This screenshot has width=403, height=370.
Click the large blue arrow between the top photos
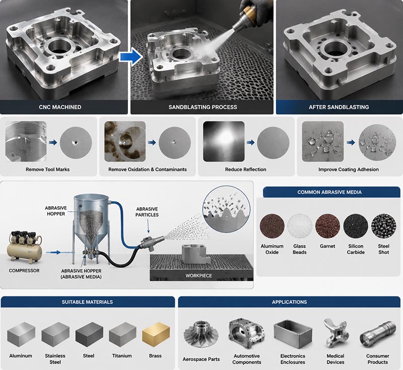pos(131,57)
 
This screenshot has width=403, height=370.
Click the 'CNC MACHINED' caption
pos(60,107)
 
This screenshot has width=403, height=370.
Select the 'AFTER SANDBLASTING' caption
pos(339,107)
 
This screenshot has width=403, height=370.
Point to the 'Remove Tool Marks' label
pos(47,169)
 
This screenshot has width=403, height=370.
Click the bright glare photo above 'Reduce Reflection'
pos(224,142)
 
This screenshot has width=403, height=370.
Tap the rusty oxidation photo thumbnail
pos(125,142)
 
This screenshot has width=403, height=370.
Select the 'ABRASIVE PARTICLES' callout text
pos(147,212)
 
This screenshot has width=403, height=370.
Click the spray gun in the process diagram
pos(152,242)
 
